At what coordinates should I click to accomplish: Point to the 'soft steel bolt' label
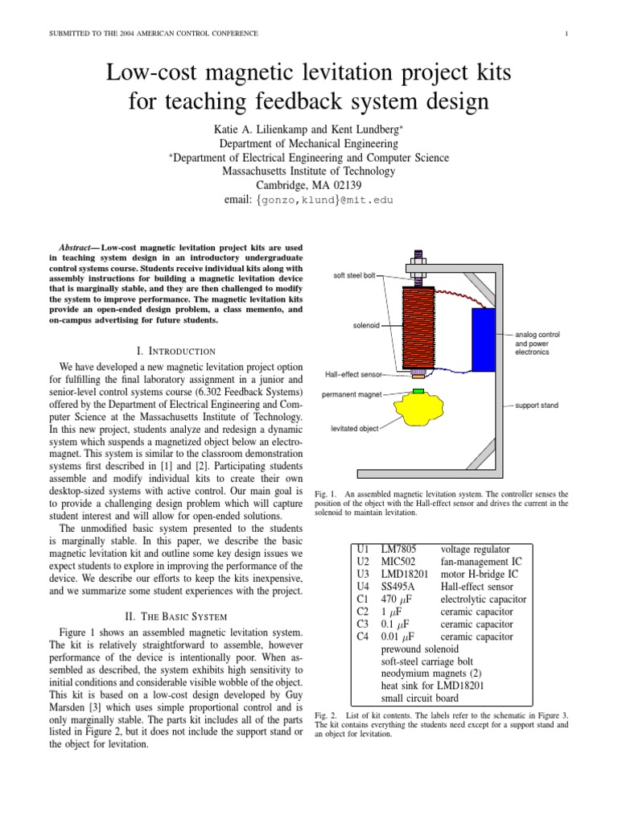pyautogui.click(x=354, y=276)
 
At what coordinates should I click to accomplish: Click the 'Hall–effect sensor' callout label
pyautogui.click(x=354, y=374)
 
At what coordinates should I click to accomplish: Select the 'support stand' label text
pyautogui.click(x=537, y=406)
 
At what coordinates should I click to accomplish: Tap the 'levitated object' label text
pyautogui.click(x=355, y=429)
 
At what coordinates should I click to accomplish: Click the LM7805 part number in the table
pyautogui.click(x=399, y=549)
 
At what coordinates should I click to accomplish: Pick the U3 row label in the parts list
pyautogui.click(x=362, y=575)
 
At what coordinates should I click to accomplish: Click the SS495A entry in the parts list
pyautogui.click(x=400, y=587)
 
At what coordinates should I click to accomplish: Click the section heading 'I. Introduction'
pyautogui.click(x=176, y=351)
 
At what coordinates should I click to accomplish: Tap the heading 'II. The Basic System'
pyautogui.click(x=176, y=616)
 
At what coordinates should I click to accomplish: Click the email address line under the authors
pyautogui.click(x=308, y=199)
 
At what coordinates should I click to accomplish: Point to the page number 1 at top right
pyautogui.click(x=566, y=33)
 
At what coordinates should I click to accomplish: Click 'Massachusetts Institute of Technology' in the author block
pyautogui.click(x=308, y=171)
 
